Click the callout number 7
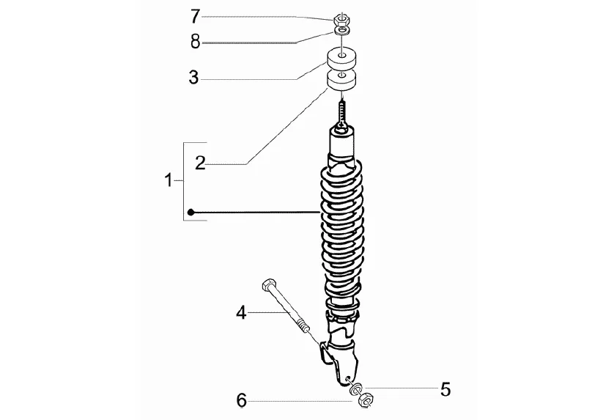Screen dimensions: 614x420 [x=195, y=15]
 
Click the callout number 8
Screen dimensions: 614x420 [x=195, y=41]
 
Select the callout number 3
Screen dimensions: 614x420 [x=193, y=77]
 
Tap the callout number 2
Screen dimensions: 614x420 [x=200, y=162]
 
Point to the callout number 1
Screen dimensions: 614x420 [x=169, y=180]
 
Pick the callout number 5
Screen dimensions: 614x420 [x=445, y=388]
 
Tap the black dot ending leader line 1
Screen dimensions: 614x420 [x=190, y=213]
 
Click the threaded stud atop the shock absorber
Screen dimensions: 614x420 [x=341, y=113]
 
